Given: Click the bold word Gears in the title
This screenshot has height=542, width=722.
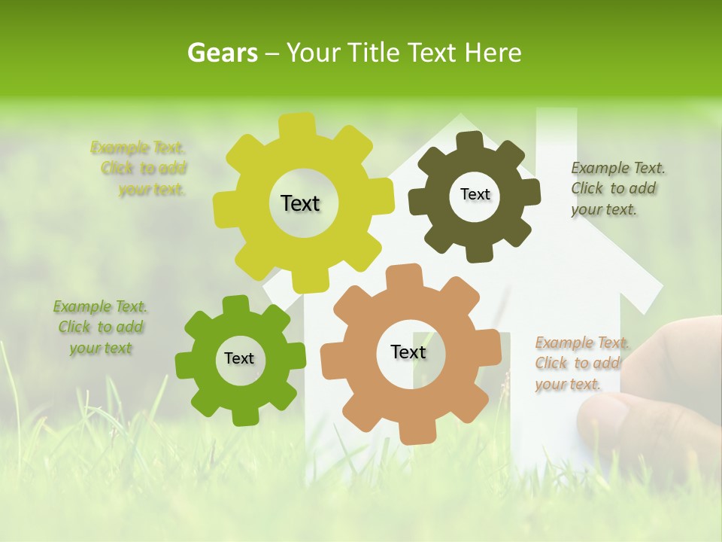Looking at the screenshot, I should [222, 53].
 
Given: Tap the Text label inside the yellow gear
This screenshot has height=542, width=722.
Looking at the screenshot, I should [300, 203].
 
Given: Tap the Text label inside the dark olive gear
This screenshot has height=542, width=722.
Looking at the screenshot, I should [475, 194].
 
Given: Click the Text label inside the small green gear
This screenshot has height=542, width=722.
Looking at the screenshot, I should [239, 358].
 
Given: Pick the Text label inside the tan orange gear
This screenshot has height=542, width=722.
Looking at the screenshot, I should [408, 352].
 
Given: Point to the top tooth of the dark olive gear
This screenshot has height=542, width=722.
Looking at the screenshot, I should [470, 141].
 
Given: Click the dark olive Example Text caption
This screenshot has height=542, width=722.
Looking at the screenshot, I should [617, 189].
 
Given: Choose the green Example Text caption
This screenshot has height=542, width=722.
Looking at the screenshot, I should [100, 327].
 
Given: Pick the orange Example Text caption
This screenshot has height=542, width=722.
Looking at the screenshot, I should [581, 364].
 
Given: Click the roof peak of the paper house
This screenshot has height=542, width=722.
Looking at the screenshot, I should [460, 120].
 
